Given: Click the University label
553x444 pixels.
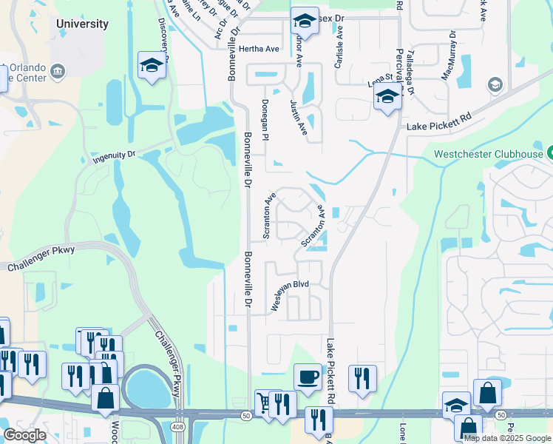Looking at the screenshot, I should coord(82,24).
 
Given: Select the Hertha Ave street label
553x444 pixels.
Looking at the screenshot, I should coord(259,49).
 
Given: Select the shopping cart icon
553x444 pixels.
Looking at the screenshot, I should coord(264,402).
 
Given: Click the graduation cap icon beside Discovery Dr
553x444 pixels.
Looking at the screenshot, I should coord(152,65).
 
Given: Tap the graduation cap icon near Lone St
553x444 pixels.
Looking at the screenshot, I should coord(387,97).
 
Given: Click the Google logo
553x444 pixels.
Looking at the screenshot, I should coord(24,435).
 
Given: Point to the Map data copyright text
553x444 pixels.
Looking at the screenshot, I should coord(507,438).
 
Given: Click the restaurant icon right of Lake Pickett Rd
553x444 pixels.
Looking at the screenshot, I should coord(362,378).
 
